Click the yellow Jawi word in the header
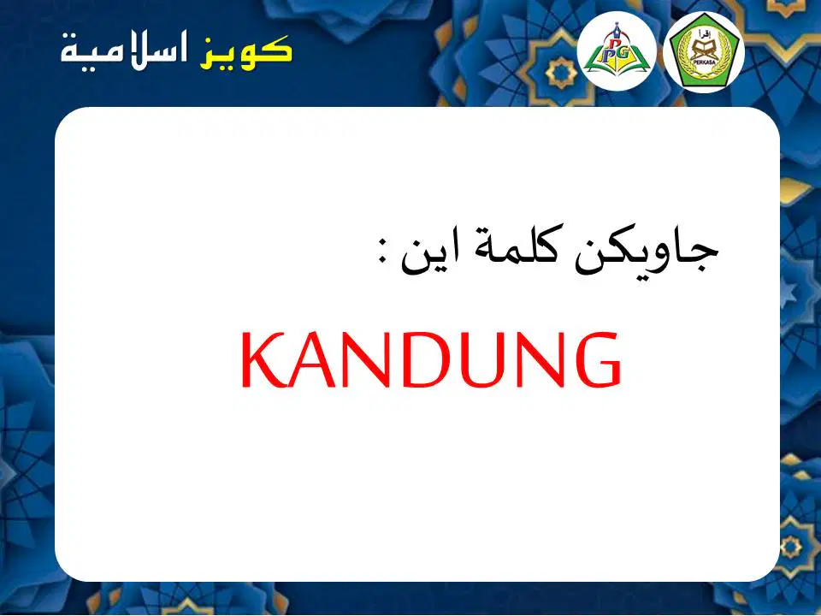245,52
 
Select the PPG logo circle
617,50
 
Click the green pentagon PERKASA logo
704,51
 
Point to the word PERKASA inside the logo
704,62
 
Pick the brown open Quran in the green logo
704,50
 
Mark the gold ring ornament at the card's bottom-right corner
790,548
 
